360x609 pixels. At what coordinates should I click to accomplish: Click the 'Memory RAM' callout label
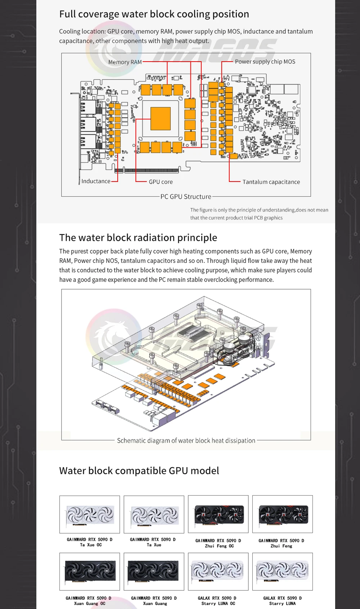click(x=125, y=62)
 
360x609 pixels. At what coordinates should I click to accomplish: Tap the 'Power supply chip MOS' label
click(x=265, y=62)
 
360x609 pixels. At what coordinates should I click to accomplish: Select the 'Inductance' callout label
click(x=96, y=181)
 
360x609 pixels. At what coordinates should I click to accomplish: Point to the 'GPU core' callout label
click(x=161, y=182)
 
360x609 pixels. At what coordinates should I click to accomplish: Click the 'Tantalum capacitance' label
click(x=271, y=182)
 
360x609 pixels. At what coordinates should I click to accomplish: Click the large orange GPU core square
click(x=161, y=118)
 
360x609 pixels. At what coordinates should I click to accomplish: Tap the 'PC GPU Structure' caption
click(x=186, y=197)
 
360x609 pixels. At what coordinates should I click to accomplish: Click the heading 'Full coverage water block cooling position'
click(x=154, y=14)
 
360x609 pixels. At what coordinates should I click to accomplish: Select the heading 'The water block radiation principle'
click(x=138, y=238)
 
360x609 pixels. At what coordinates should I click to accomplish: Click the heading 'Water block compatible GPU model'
click(x=139, y=471)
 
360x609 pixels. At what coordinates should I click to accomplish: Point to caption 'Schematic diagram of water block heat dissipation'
click(x=186, y=440)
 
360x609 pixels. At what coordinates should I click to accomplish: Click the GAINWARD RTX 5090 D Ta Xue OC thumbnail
click(x=90, y=514)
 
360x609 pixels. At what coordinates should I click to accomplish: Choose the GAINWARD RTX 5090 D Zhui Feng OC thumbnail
click(x=218, y=514)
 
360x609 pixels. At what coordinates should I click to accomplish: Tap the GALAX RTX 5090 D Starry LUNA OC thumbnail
click(x=218, y=572)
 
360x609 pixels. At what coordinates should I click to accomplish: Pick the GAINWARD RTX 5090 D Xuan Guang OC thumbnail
click(x=90, y=572)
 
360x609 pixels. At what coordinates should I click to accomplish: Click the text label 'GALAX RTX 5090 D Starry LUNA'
click(x=283, y=601)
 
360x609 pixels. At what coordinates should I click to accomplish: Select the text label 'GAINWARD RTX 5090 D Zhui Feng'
click(x=282, y=543)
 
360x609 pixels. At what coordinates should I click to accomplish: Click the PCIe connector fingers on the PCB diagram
click(x=151, y=170)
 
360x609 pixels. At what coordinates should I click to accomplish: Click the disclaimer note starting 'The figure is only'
click(x=259, y=214)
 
